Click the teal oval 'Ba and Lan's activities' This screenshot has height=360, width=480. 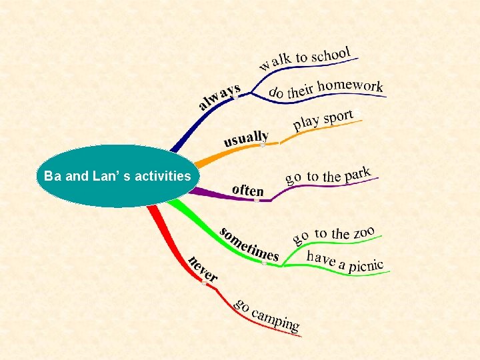pyautogui.click(x=117, y=177)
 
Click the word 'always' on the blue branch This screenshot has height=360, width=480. pyautogui.click(x=219, y=97)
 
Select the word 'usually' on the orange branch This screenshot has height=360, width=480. pyautogui.click(x=246, y=139)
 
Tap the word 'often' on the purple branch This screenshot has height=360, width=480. pyautogui.click(x=247, y=190)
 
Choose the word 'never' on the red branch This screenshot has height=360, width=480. pyautogui.click(x=202, y=268)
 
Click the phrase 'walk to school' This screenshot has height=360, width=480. pyautogui.click(x=305, y=57)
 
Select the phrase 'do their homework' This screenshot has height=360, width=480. pyautogui.click(x=325, y=88)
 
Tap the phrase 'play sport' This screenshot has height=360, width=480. pyautogui.click(x=324, y=120)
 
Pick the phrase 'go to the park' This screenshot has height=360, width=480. pyautogui.click(x=327, y=175)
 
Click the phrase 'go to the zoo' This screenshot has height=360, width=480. pyautogui.click(x=334, y=233)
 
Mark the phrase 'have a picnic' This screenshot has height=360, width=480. pyautogui.click(x=345, y=261)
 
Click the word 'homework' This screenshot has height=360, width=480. pyautogui.click(x=351, y=86)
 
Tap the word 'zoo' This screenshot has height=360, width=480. pyautogui.click(x=363, y=231)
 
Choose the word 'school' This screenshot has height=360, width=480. pyautogui.click(x=331, y=54)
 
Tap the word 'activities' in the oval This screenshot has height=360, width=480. pyautogui.click(x=163, y=177)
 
